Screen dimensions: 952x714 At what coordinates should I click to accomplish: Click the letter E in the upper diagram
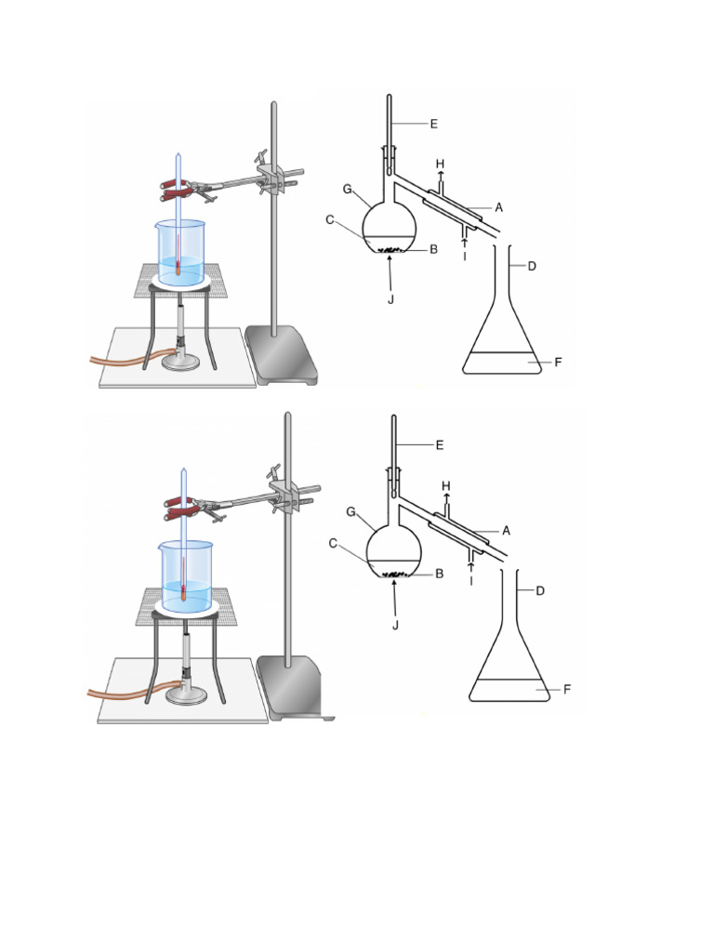433,123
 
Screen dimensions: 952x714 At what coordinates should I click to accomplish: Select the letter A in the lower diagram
506,531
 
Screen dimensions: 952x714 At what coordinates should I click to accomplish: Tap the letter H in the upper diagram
441,165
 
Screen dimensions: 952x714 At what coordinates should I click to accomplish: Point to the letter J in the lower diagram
395,625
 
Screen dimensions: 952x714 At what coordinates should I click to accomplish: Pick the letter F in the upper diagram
558,362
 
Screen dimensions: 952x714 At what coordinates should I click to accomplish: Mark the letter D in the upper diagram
532,267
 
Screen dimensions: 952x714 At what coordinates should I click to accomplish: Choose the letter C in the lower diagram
333,544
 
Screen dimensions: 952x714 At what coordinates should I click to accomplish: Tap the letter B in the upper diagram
433,249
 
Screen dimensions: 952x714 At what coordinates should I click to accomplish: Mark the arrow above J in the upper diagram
391,270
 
